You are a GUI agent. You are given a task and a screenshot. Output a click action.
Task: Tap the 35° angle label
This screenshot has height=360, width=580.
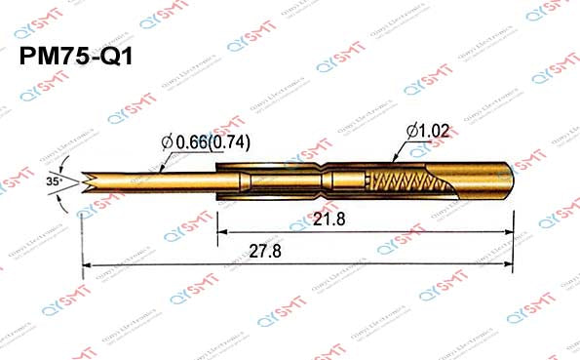click(54, 181)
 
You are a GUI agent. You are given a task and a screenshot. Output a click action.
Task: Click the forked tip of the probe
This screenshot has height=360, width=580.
click(90, 181)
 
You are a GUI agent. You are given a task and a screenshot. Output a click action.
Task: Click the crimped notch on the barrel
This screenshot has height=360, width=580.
click(322, 181)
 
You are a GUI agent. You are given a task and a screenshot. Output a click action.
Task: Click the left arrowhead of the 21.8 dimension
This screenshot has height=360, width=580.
click(221, 232)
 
